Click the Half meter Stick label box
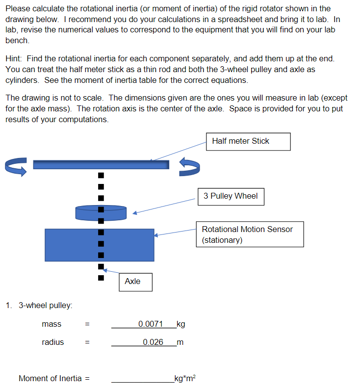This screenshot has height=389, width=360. tap(248, 141)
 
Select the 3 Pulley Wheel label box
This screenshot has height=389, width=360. tap(231, 196)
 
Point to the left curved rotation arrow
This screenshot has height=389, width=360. tap(15, 165)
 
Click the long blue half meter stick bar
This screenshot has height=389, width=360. tap(101, 164)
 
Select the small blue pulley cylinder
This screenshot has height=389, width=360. tap(101, 212)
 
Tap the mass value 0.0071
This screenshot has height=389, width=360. tap(150, 324)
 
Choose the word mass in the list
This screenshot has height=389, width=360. tap(51, 324)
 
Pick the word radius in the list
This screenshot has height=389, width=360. tap(52, 342)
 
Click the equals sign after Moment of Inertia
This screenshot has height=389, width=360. tap(88, 378)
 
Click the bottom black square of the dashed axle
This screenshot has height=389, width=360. tap(101, 278)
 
